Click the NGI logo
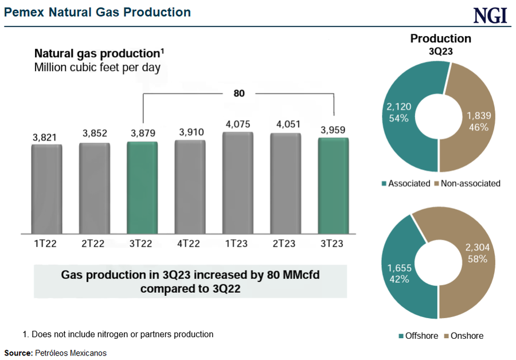pyautogui.click(x=490, y=15)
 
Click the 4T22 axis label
pyautogui.click(x=189, y=244)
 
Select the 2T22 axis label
pyautogui.click(x=93, y=244)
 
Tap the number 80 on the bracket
pyautogui.click(x=239, y=93)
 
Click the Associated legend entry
pyautogui.click(x=405, y=183)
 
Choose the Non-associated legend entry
pyautogui.click(x=468, y=183)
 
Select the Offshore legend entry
pyautogui.click(x=419, y=336)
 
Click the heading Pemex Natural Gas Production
pyautogui.click(x=97, y=12)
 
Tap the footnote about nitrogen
pyautogui.click(x=118, y=334)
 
